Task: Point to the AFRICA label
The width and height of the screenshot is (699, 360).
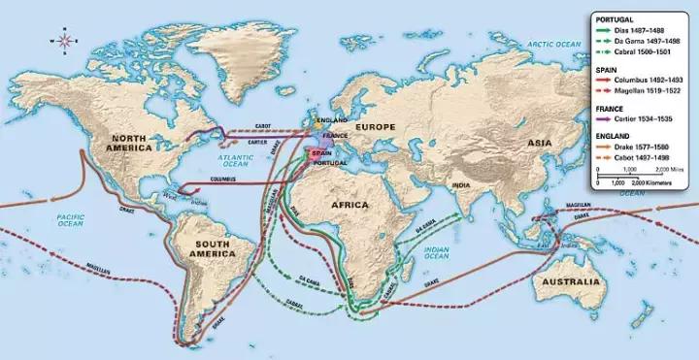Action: pyautogui.click(x=382, y=207)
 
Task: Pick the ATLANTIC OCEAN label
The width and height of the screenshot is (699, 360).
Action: pyautogui.click(x=234, y=159)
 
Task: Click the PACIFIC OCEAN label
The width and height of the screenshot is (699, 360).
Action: pyautogui.click(x=68, y=218)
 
